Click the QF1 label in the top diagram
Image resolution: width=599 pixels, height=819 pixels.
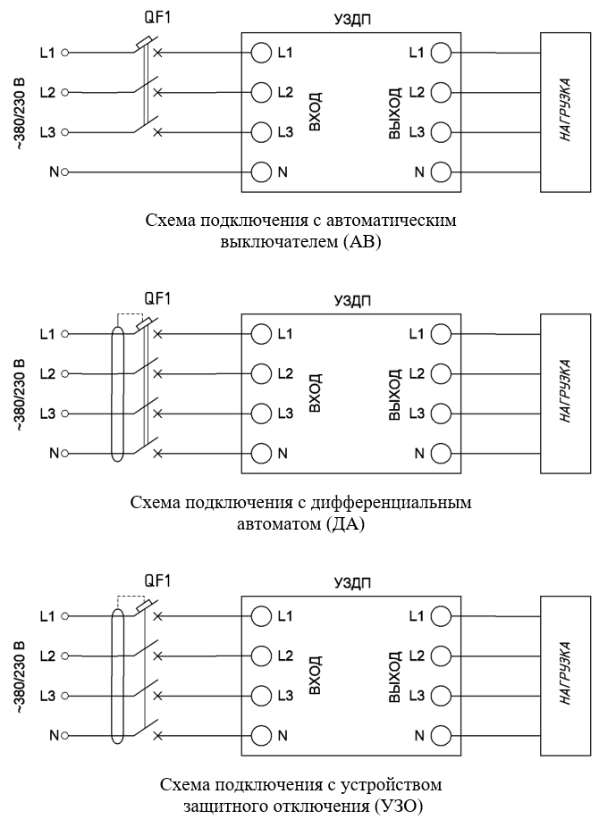click(x=157, y=18)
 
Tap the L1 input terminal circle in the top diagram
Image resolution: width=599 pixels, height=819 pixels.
click(x=261, y=53)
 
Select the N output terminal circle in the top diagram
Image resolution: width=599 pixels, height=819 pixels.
click(x=441, y=171)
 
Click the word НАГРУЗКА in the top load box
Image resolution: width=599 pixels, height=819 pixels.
click(x=565, y=110)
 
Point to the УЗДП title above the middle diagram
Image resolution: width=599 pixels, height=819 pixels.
click(x=353, y=301)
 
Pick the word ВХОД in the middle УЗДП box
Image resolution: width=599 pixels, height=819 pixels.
click(x=315, y=393)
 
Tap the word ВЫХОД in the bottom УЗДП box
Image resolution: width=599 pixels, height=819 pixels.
click(x=395, y=677)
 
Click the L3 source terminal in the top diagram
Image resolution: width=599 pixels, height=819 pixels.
click(x=64, y=133)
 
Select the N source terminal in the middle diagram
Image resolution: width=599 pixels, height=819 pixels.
click(x=64, y=454)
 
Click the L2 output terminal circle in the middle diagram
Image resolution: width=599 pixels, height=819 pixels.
click(x=441, y=374)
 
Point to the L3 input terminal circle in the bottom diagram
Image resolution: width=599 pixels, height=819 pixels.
click(x=261, y=696)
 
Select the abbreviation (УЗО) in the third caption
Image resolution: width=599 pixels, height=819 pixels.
click(x=398, y=806)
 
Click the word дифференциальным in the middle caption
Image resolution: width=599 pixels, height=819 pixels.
click(x=392, y=503)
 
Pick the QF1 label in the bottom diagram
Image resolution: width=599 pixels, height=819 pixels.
click(x=157, y=581)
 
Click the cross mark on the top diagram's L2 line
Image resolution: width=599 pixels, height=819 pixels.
click(x=157, y=93)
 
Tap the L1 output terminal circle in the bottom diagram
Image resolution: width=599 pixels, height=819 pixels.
click(x=441, y=616)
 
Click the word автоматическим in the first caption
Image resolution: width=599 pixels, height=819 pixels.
click(x=392, y=221)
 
